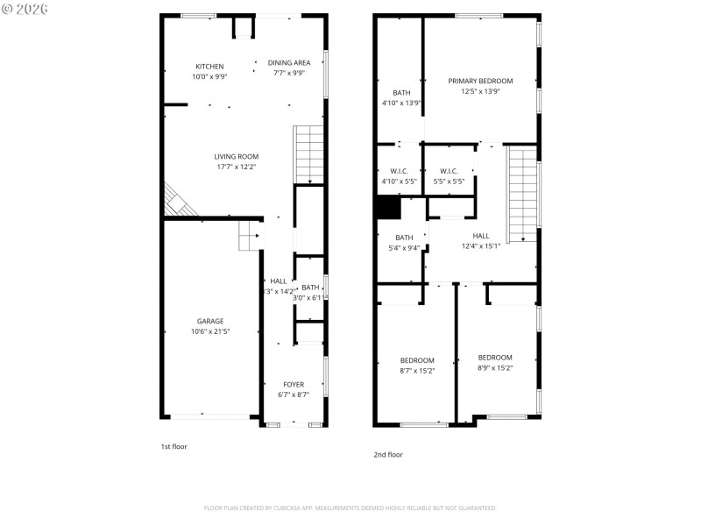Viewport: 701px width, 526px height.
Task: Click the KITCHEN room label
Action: coord(209,67)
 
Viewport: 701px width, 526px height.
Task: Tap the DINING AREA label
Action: coord(289,63)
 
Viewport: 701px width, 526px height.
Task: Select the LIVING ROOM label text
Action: coord(236,157)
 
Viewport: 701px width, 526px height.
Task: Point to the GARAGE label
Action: coord(209,321)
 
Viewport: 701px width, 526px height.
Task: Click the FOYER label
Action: coord(294,385)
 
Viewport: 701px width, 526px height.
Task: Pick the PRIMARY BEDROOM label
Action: coord(480,81)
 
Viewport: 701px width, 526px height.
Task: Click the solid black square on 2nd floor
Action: coord(387,208)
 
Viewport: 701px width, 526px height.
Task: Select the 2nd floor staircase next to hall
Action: coord(522,195)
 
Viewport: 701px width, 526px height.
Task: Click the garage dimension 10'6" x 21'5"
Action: coord(209,331)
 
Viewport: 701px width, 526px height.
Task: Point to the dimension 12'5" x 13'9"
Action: coord(480,91)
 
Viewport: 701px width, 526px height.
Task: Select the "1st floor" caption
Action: coord(173,446)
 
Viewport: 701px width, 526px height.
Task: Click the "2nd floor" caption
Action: coord(388,454)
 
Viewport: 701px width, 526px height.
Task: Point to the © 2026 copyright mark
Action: coord(25,9)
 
